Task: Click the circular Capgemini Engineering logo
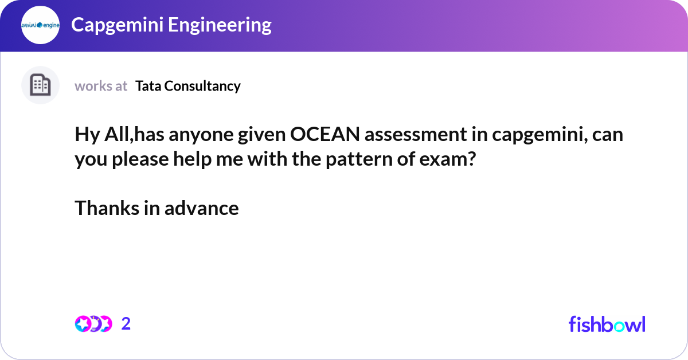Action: pos(40,25)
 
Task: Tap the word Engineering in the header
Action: pos(221,25)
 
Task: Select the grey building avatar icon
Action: pos(40,85)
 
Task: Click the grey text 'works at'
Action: pos(101,86)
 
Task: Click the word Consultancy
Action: pos(202,86)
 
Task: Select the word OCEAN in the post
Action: pos(326,135)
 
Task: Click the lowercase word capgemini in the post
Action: pos(538,135)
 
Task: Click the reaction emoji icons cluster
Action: pos(93,324)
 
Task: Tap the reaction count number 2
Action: pos(126,324)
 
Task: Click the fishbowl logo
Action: pos(607,324)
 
